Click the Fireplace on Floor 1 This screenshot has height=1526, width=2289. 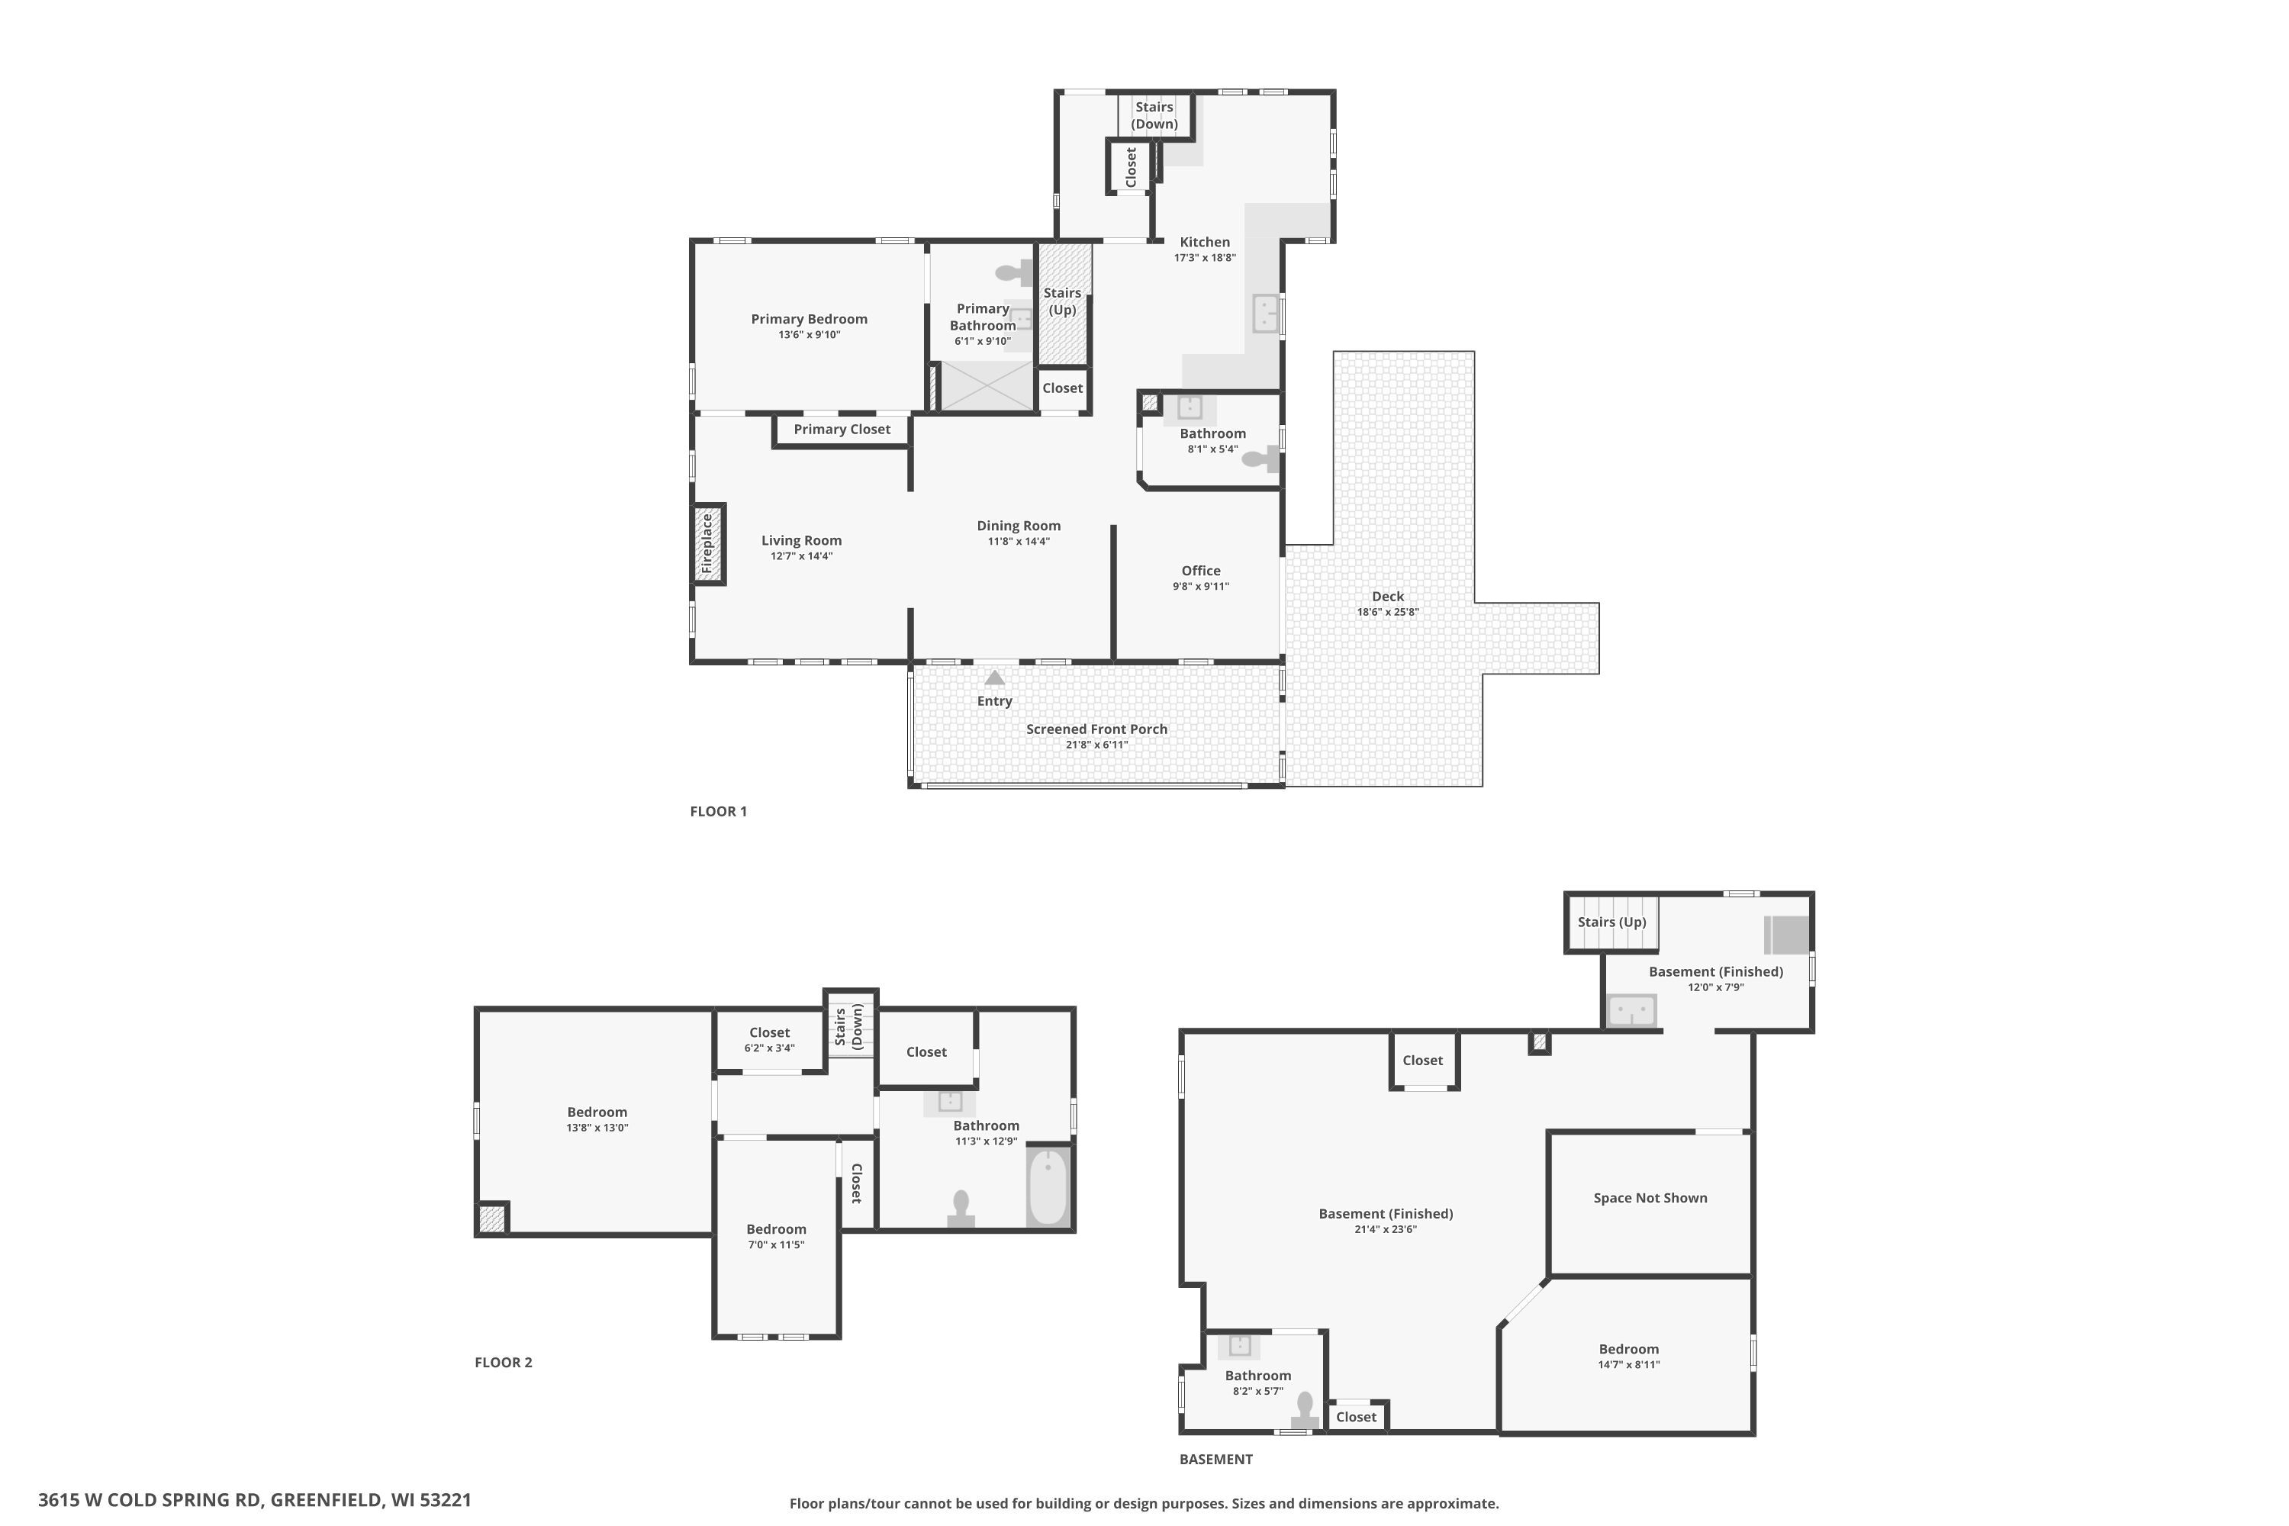point(709,544)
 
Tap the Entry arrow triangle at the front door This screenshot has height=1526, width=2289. point(995,678)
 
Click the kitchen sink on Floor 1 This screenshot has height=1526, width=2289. point(1265,314)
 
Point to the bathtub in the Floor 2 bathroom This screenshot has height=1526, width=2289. point(1048,1186)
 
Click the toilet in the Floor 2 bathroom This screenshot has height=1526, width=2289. point(961,1209)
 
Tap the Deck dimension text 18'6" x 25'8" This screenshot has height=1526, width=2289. point(1388,612)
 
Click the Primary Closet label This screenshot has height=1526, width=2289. point(842,429)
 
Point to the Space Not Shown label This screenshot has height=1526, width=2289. point(1650,1198)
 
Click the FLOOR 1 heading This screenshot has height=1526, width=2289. point(718,812)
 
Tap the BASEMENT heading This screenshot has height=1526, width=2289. point(1215,1460)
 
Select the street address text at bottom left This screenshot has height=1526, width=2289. point(255,1500)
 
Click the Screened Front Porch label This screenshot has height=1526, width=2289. point(1097,729)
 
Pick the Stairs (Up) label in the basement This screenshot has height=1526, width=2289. point(1611,922)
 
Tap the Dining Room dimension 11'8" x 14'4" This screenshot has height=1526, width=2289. point(1019,542)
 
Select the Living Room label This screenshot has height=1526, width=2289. point(801,541)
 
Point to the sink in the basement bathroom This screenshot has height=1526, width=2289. point(1239,1346)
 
